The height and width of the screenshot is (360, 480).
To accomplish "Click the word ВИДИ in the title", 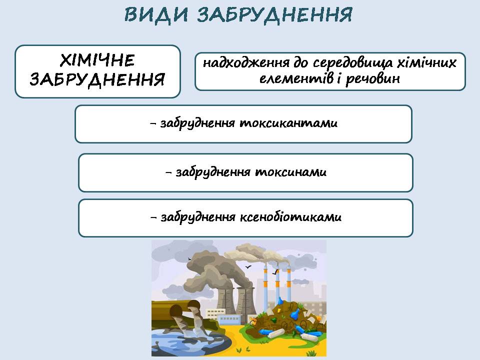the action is coord(156,14).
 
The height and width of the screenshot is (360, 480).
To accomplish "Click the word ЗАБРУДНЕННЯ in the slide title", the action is coord(274,14).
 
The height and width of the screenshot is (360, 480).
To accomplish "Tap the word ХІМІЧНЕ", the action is coord(97,60).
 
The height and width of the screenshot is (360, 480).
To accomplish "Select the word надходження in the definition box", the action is coord(246,62).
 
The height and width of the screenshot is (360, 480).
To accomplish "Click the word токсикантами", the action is coord(288,123).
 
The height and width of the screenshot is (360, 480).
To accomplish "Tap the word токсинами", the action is coord(291,171).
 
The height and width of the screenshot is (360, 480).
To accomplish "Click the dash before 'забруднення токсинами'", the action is coord(168,172).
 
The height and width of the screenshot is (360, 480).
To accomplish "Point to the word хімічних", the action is coord(426,62).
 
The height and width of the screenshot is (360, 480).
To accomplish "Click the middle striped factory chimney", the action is coord(277,284).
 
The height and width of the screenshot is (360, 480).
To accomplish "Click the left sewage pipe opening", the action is coord(175,310).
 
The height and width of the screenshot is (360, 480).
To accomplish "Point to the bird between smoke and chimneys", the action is coord(248,267).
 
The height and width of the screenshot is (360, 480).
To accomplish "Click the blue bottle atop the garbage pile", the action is coord(296,313).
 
